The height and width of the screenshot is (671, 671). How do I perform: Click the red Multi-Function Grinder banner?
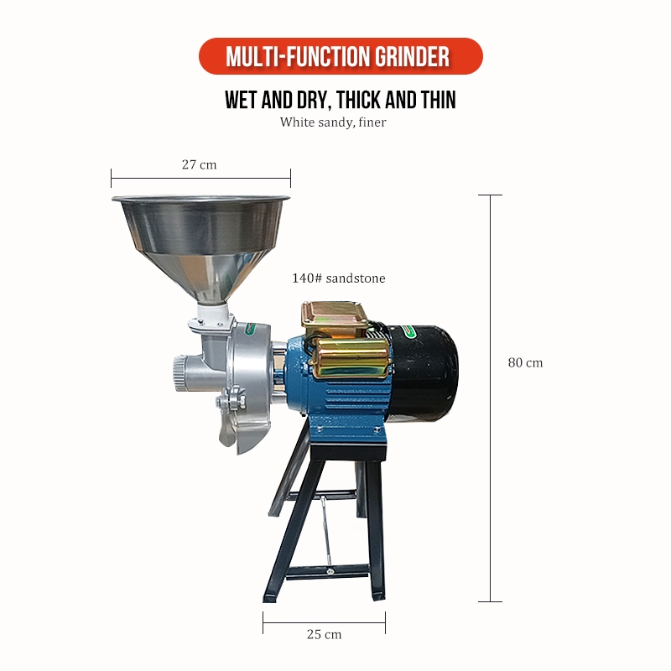[341, 56]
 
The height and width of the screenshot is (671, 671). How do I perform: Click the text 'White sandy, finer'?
[333, 122]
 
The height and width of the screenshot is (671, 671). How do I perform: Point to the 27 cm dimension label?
[199, 164]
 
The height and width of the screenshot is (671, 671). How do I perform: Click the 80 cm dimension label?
[525, 363]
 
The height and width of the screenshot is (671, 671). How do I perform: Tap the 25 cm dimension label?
[324, 634]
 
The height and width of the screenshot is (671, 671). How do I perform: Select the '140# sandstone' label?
[339, 278]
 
